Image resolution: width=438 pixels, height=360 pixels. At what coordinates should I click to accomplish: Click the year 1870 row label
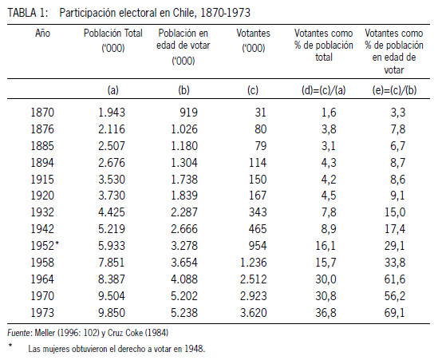pos(42,113)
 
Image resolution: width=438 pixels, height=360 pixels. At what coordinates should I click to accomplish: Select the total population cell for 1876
pos(112,129)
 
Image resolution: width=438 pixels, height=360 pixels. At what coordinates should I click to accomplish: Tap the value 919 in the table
pos(188,113)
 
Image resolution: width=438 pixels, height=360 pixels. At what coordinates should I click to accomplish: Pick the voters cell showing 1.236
pos(254,263)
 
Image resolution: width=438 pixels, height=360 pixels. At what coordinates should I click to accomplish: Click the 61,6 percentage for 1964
pos(394,279)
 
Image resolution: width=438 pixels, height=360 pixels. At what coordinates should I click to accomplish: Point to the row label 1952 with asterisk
pos(45,246)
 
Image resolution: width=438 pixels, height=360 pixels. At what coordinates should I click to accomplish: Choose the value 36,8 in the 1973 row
pos(326,313)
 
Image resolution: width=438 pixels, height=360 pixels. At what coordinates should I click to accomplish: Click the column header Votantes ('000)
pos(254,41)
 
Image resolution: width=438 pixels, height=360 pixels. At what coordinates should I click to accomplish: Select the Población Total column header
pos(113,41)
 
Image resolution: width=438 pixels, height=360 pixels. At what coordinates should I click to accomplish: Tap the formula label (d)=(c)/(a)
pos(323,90)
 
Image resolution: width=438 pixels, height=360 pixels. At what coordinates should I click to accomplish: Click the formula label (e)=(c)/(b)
pos(394,90)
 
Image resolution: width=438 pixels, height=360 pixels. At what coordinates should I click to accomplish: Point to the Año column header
pos(42,33)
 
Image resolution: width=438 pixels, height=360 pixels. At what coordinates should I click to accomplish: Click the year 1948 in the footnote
pos(195,349)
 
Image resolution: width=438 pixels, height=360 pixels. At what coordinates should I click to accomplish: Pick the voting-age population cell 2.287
pos(184,212)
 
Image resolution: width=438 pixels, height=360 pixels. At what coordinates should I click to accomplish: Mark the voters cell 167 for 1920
pos(258,196)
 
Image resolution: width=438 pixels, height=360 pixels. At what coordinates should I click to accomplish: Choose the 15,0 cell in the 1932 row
pos(395,212)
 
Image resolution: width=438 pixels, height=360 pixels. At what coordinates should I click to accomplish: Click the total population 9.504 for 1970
pos(112,296)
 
